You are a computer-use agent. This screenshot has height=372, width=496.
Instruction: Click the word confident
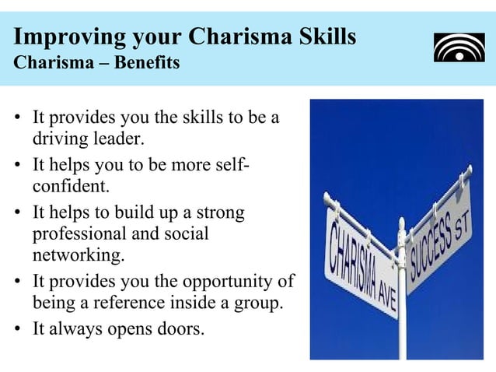70,188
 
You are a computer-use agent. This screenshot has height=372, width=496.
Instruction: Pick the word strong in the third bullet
220,212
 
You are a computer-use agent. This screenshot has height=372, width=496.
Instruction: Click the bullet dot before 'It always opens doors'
19,328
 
